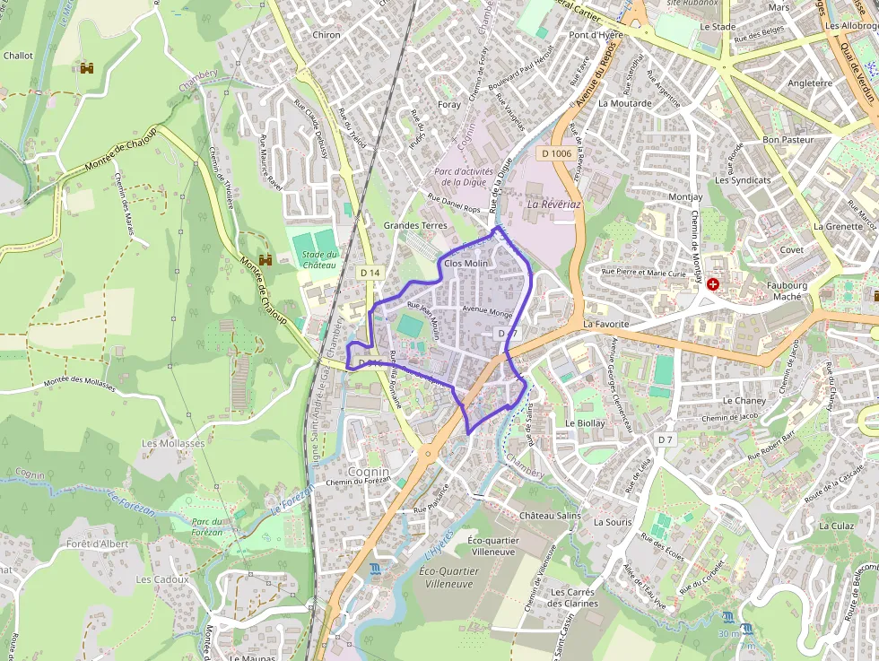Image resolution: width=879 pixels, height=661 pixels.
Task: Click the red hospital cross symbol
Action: [x=713, y=284]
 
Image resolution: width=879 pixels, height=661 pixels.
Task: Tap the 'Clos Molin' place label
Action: [x=466, y=264]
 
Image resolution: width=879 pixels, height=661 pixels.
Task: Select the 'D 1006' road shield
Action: [x=557, y=154]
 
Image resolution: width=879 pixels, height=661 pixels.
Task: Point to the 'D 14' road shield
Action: [x=370, y=272]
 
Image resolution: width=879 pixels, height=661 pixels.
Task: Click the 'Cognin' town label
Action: [x=369, y=472]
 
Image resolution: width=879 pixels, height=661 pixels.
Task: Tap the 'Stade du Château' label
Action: [x=319, y=259]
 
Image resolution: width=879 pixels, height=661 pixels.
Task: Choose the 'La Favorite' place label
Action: [x=606, y=323]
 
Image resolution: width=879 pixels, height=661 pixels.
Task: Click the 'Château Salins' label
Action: [x=550, y=516]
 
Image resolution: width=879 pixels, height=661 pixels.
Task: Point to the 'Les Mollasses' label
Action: [x=173, y=443]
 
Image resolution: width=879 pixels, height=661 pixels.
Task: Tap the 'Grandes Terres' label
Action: [x=414, y=225]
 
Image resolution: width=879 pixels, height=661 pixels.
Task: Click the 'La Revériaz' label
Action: [x=554, y=204]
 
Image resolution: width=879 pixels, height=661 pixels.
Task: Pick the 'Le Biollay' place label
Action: [x=585, y=422]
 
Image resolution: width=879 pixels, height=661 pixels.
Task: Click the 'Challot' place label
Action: [x=18, y=56]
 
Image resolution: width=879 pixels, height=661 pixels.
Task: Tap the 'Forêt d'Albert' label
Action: [x=97, y=544]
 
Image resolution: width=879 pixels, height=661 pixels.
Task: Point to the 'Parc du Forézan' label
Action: [x=206, y=526]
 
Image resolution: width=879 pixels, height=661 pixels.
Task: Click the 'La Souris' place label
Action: [x=613, y=521]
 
